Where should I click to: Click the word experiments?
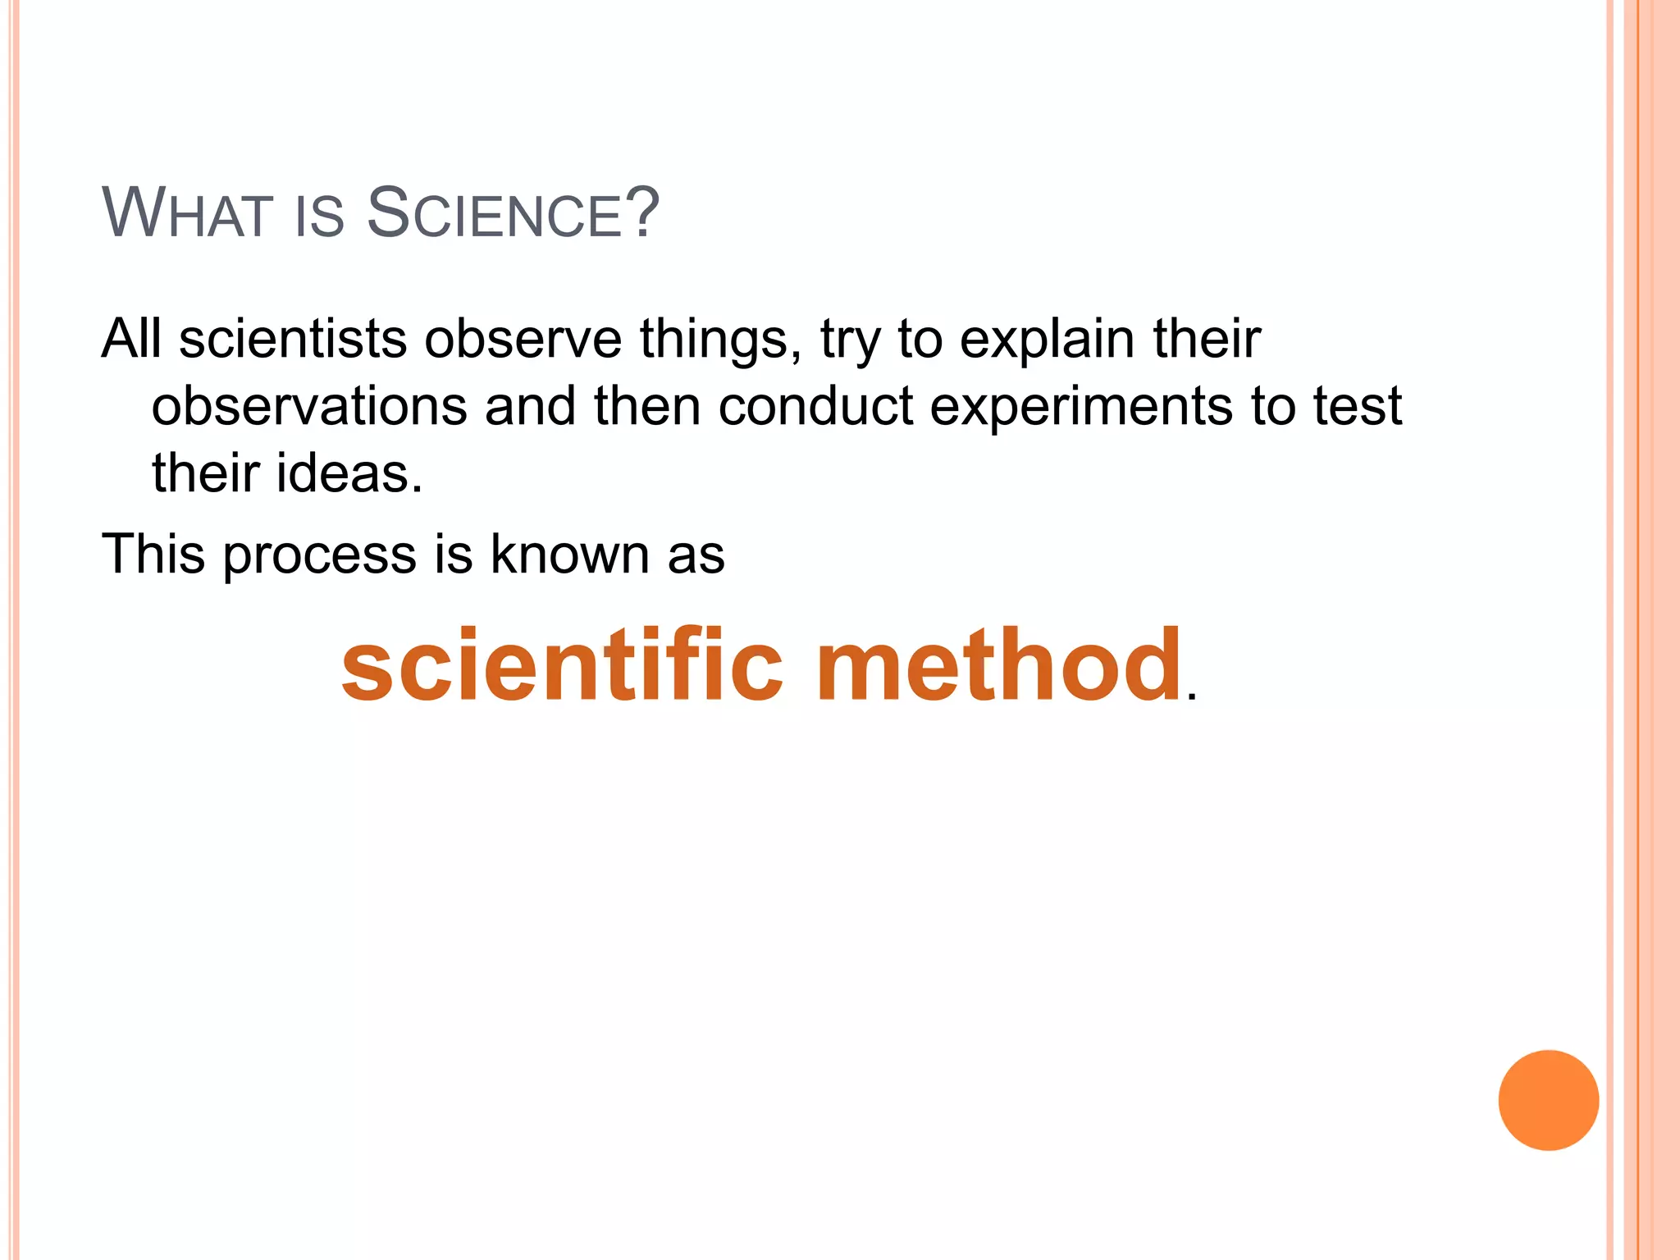tap(1081, 407)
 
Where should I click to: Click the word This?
tap(153, 554)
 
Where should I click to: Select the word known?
tap(569, 554)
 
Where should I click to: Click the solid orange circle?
tap(1548, 1100)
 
